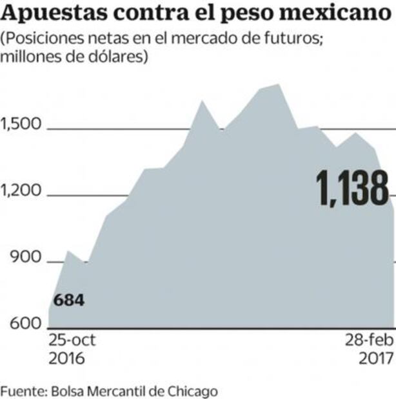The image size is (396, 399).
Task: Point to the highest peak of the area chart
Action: pyautogui.click(x=277, y=85)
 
